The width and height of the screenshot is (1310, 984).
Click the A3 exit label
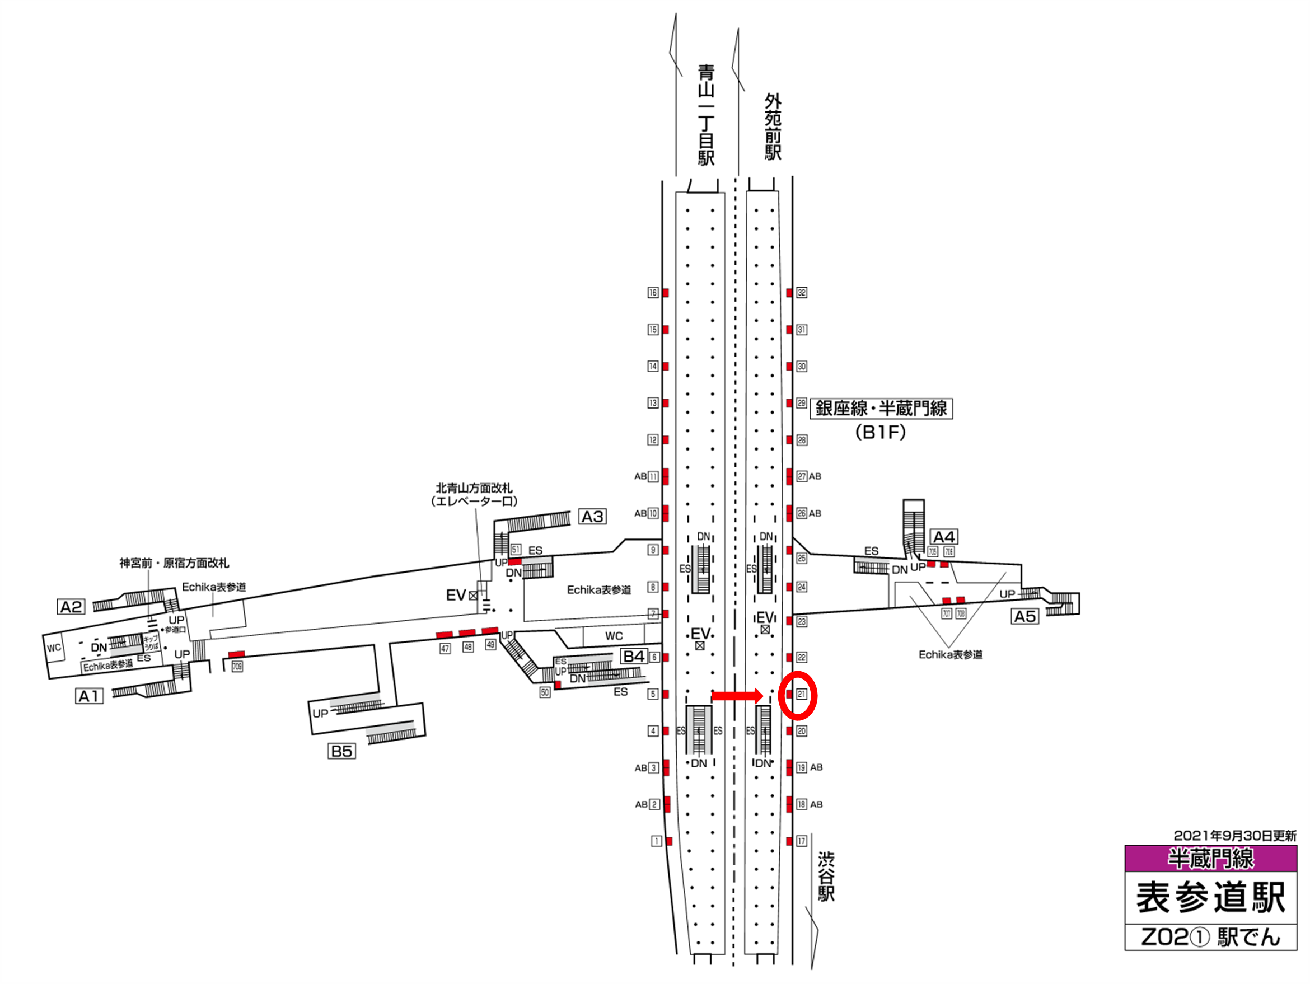coord(592,517)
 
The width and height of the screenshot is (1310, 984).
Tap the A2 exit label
coord(71,607)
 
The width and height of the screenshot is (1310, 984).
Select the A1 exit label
coord(90,696)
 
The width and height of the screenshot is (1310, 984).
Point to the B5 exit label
coord(341,751)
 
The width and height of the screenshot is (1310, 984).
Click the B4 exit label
coord(634,656)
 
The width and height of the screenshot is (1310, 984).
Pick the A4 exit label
coord(943,537)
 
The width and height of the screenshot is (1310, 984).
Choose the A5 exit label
coord(1025,616)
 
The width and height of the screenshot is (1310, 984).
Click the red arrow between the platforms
coord(737,696)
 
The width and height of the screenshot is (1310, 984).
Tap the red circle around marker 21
coord(798,696)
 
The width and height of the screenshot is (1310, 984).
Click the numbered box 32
coord(801,293)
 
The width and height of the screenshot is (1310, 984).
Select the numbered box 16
coord(653,293)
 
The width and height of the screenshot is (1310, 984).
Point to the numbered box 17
coord(801,841)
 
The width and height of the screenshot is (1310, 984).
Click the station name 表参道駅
coord(1210,898)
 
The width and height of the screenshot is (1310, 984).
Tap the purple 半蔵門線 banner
coord(1210,859)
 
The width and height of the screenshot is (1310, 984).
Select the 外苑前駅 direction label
coord(773,126)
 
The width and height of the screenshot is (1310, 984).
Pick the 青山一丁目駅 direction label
coord(706,115)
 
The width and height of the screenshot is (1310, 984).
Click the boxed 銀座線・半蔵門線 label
coord(881,409)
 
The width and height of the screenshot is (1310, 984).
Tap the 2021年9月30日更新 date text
coord(1235,836)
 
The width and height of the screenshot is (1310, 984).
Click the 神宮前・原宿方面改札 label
coord(174,563)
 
